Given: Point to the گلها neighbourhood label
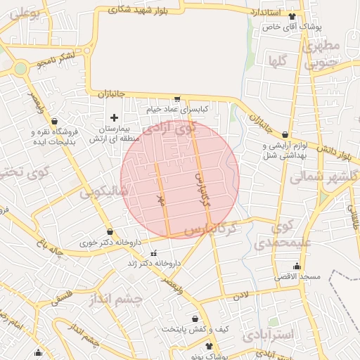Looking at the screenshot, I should point(276,61).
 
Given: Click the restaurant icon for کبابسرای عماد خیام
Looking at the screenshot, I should point(177,99).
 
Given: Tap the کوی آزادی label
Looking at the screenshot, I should point(168,131).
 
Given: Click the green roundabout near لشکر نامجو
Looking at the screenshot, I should point(20,68).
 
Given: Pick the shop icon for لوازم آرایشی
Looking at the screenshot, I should point(285,134).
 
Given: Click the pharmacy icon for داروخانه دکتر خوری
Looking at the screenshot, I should point(110,231).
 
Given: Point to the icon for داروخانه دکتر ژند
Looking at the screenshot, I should point(154,252).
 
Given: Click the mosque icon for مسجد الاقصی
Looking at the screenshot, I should point(297,266).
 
